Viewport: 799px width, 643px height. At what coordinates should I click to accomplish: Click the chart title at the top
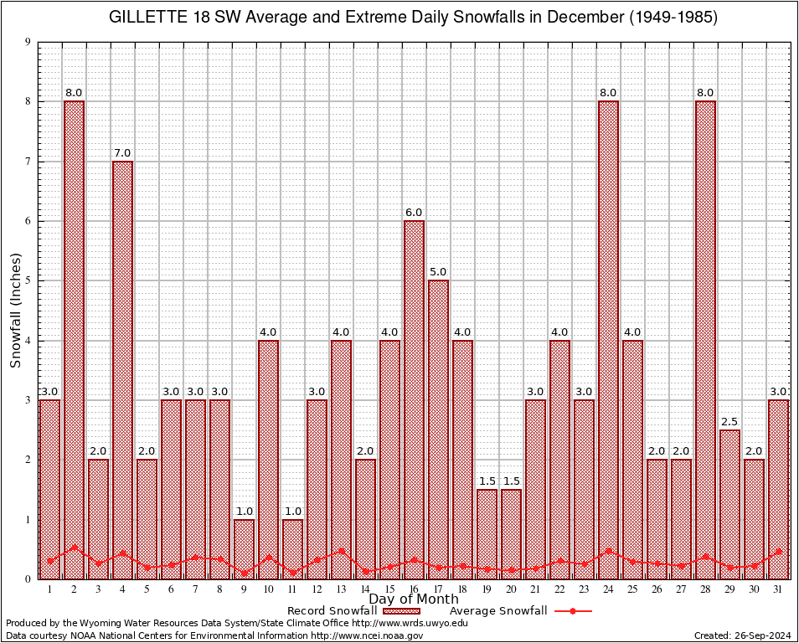414,18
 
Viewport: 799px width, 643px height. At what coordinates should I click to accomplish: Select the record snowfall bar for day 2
74,335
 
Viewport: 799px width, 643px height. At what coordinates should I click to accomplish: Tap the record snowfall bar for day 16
414,394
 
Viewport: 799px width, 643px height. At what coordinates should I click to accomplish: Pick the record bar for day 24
608,335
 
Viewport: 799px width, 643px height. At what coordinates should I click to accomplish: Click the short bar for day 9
244,548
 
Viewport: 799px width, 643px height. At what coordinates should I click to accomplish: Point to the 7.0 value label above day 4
122,152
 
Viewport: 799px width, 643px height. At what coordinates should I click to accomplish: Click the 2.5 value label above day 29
729,422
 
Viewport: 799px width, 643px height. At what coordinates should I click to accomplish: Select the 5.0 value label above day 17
438,272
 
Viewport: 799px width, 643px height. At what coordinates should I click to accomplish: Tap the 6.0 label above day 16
414,213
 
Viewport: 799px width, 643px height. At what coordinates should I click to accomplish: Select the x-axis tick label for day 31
778,589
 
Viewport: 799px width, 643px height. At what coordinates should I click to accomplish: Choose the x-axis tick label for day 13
341,589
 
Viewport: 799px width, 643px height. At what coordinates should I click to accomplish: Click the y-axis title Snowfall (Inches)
15,311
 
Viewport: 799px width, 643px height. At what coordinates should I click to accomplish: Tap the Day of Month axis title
414,599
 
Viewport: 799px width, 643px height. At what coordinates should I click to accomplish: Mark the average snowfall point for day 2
74,548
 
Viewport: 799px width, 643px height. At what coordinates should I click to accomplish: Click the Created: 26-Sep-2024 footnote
743,635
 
